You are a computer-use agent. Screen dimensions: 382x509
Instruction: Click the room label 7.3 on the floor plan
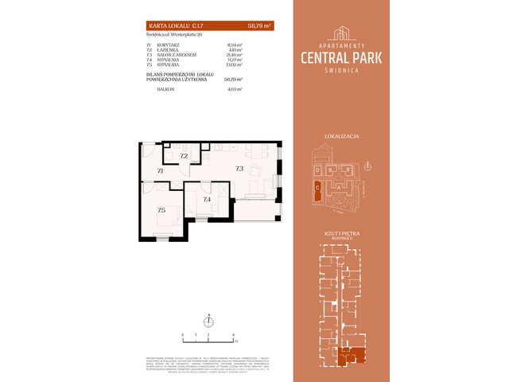coord(239,169)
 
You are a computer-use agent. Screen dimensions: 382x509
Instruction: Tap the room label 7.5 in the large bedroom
coord(161,210)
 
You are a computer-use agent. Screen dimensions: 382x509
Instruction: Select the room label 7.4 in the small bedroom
coord(207,199)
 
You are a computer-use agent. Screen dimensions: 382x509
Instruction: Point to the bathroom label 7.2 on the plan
coord(184,156)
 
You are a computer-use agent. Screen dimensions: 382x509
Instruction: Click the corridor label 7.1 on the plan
coord(160,170)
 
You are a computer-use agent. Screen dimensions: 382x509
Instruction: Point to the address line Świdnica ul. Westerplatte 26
coord(170,35)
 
